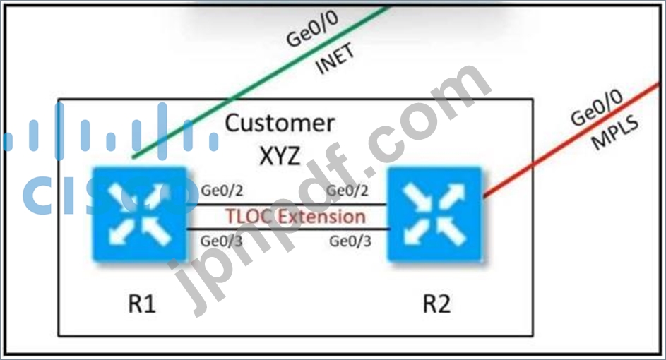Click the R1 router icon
tap(139, 214)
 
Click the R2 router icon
tap(434, 214)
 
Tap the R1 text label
tap(142, 304)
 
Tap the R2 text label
tap(436, 304)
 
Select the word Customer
tap(280, 124)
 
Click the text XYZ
tap(280, 156)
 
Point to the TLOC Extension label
tap(295, 217)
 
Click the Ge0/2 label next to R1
tap(222, 191)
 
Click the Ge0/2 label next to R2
tap(347, 191)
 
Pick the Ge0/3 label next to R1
tap(221, 241)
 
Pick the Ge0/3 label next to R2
tap(350, 241)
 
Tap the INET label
tap(335, 59)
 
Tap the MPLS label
tap(615, 133)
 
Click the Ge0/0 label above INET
tap(313, 28)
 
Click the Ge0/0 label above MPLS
tap(596, 108)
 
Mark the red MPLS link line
tap(571, 140)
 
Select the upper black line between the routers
tap(287, 205)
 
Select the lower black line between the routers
tap(288, 229)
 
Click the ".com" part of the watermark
tap(429, 123)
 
